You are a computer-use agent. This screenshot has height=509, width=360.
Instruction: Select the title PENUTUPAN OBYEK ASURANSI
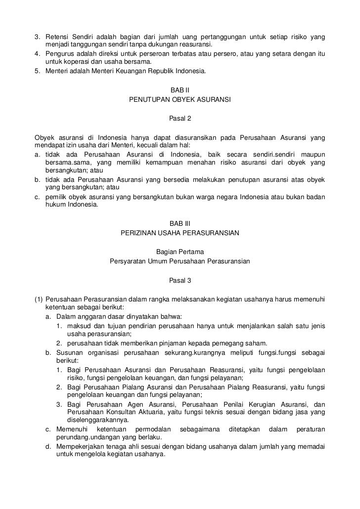[180, 99]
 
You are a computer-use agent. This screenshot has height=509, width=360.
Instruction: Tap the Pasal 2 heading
[180, 119]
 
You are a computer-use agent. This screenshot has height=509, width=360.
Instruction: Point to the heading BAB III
[180, 223]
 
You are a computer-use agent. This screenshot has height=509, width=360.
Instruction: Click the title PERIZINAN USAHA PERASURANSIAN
[180, 232]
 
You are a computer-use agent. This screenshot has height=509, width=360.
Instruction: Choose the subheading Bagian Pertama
[180, 252]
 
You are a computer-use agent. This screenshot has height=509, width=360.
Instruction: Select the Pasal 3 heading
[180, 280]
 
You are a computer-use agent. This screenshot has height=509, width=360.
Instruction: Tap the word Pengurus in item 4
[59, 53]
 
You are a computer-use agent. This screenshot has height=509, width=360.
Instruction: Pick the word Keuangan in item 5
[135, 71]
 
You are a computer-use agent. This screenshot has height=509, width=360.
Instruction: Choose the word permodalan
[151, 429]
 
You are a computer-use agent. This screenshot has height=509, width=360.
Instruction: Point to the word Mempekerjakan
[81, 447]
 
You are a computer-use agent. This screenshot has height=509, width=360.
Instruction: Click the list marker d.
[48, 447]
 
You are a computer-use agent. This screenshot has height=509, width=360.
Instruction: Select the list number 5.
[37, 71]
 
